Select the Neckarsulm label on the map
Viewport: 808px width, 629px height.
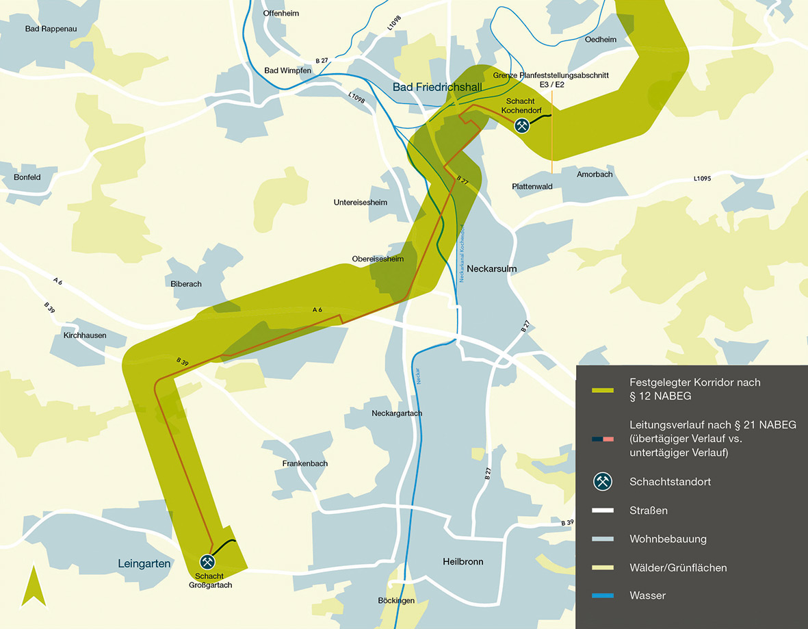(491, 269)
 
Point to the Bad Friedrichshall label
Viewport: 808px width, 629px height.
(437, 88)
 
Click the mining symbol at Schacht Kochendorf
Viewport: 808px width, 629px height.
(523, 125)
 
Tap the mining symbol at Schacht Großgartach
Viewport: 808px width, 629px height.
(209, 561)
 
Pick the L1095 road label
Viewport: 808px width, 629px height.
(702, 179)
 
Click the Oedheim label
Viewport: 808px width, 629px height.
(601, 40)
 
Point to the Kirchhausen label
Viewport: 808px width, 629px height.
(85, 335)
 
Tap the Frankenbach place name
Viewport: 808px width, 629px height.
(305, 463)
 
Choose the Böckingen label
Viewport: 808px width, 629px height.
(396, 600)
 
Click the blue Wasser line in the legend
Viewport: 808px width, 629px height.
(603, 596)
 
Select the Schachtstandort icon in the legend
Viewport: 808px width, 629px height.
(603, 482)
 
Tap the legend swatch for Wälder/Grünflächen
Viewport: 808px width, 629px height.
(603, 567)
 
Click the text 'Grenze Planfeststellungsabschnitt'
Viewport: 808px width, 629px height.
(550, 75)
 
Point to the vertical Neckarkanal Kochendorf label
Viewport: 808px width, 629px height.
(462, 253)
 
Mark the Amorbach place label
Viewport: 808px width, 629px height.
(594, 175)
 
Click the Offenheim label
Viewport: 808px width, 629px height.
(281, 13)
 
